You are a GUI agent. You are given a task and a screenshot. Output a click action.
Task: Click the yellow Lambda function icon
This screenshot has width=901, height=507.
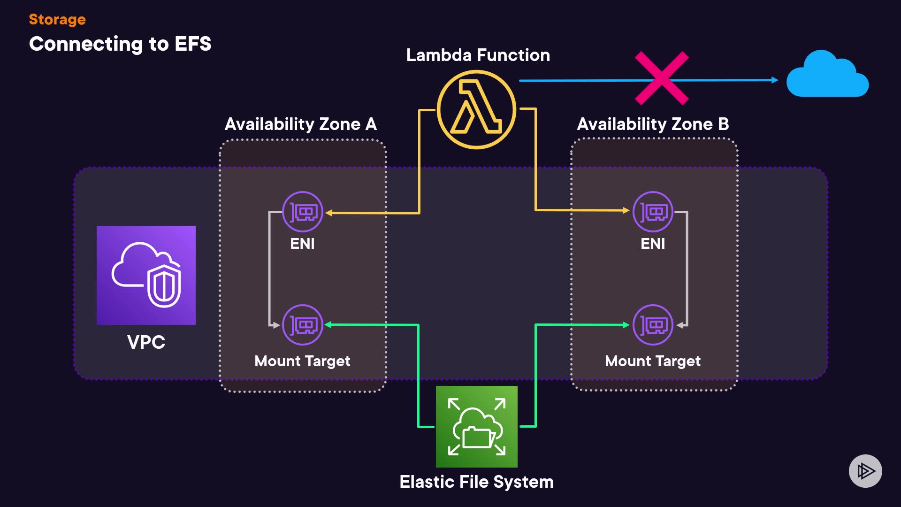(x=476, y=109)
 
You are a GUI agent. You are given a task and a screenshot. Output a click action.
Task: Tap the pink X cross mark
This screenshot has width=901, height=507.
(x=662, y=78)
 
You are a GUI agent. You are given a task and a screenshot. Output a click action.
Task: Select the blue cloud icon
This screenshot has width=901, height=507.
(x=827, y=75)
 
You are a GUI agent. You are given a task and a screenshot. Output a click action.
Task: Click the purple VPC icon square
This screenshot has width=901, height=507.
(x=146, y=275)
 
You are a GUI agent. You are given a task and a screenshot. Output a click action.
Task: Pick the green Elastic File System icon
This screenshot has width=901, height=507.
(x=476, y=426)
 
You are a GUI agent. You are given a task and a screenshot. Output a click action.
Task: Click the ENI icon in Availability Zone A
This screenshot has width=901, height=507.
(x=303, y=212)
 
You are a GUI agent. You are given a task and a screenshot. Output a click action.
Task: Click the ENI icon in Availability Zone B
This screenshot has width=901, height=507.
(x=653, y=212)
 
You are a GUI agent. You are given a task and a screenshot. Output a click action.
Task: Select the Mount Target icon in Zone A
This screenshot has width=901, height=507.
(x=303, y=325)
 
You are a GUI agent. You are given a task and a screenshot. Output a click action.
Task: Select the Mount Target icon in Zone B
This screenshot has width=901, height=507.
(x=653, y=325)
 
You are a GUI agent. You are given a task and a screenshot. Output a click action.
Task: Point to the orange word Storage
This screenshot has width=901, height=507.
(x=57, y=19)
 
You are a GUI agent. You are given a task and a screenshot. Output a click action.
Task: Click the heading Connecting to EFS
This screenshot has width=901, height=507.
(x=120, y=44)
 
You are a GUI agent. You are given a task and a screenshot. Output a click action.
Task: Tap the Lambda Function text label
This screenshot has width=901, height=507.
(x=478, y=55)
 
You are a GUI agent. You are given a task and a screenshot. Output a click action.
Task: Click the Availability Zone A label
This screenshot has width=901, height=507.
(x=301, y=124)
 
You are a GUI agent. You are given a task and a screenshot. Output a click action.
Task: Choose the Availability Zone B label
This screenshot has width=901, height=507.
(x=653, y=124)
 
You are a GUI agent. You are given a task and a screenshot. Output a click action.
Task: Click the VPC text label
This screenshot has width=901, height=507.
(x=146, y=342)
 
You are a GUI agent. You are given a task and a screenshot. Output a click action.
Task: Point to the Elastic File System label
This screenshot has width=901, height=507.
(x=476, y=482)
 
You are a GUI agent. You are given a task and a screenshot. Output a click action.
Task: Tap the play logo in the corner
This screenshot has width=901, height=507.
(x=865, y=471)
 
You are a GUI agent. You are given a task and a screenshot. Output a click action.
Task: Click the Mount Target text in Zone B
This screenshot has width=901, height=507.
(x=653, y=361)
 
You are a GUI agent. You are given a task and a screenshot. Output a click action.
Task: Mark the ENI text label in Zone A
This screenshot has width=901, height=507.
(x=303, y=244)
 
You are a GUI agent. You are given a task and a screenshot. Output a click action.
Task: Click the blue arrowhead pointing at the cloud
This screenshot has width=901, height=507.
(x=775, y=80)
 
